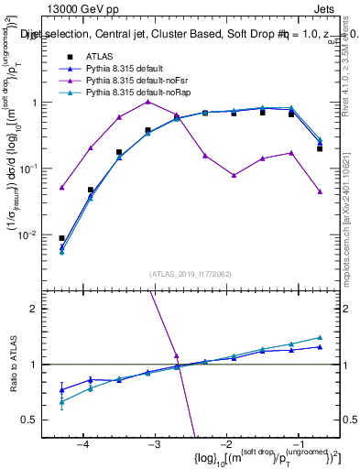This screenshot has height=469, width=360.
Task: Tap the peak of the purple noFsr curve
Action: point(147,102)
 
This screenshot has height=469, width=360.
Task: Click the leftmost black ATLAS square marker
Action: point(61,238)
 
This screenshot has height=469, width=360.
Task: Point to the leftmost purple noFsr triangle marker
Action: point(61,188)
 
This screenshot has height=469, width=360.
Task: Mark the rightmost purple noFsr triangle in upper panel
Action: point(320,191)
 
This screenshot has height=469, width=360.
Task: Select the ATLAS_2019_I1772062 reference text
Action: point(190,274)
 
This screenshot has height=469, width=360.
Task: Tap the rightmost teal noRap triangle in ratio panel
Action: point(320,338)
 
